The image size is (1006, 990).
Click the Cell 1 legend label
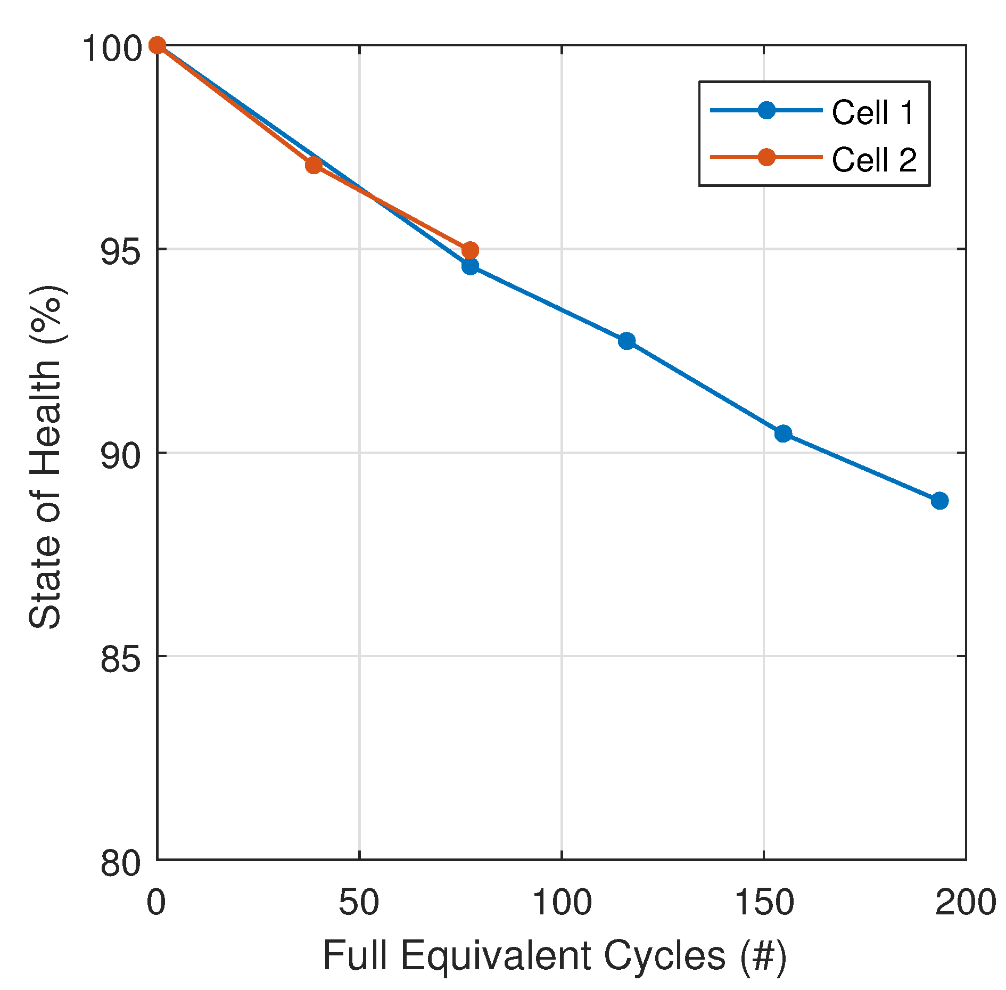click(x=872, y=113)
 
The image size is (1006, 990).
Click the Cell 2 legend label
click(x=873, y=159)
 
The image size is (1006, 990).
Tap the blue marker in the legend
click(x=766, y=110)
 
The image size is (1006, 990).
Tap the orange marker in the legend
click(x=766, y=157)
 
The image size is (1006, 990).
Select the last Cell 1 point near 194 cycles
click(x=939, y=501)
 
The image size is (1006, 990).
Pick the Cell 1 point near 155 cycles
click(x=783, y=433)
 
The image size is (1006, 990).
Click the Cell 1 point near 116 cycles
click(x=626, y=341)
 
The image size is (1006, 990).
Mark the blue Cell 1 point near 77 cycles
click(x=470, y=266)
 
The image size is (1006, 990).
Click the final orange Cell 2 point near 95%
click(x=470, y=250)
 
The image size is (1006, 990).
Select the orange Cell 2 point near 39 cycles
click(x=314, y=165)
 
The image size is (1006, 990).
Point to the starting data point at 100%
click(x=157, y=46)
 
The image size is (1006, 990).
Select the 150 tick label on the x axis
click(x=764, y=903)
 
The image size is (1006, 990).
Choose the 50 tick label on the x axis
click(x=359, y=903)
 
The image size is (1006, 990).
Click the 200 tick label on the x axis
click(x=965, y=903)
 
